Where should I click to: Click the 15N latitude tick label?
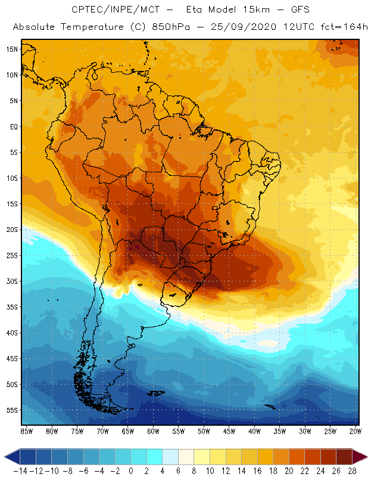12,49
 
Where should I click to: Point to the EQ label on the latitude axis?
13,126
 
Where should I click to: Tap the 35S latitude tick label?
12,307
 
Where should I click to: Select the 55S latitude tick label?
12,410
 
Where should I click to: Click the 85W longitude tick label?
26,431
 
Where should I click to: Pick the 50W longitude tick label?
204,431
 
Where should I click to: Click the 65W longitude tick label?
128,431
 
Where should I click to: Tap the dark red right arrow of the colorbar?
361,457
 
